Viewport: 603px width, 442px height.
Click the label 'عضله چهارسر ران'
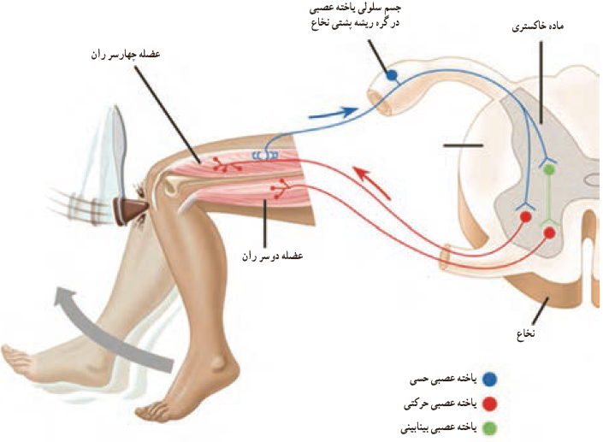click(x=126, y=54)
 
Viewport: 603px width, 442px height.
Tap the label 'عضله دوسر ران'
click(x=272, y=256)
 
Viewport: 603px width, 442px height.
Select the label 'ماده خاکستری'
click(x=538, y=27)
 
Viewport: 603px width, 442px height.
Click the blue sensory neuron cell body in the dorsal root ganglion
click(x=392, y=75)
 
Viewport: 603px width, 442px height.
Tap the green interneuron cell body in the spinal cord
click(x=549, y=168)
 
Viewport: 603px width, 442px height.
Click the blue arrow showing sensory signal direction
click(x=334, y=113)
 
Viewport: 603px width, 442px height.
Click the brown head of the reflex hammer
click(x=131, y=209)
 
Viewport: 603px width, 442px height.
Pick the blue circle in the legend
click(x=489, y=380)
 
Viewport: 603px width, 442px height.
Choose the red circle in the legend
click(x=489, y=404)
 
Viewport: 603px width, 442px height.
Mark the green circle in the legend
click(x=489, y=428)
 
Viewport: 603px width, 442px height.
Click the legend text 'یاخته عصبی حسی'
click(x=443, y=380)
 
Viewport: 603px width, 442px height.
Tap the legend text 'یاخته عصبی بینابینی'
click(x=439, y=428)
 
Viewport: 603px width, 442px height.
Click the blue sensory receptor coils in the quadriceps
click(x=265, y=155)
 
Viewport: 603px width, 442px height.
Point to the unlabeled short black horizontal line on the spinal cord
click(x=463, y=145)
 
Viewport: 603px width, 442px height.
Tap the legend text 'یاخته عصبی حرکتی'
click(x=440, y=404)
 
